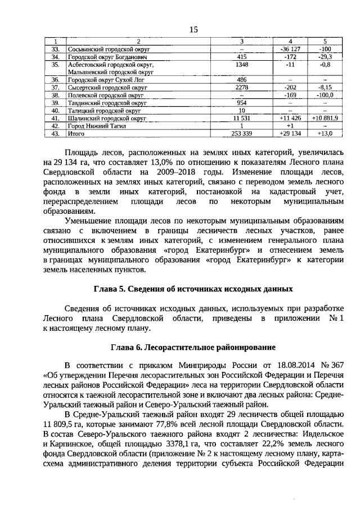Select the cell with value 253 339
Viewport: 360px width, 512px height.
[x=242, y=134]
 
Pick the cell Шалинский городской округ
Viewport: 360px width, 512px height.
[x=107, y=119]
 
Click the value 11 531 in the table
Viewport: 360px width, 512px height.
[x=242, y=119]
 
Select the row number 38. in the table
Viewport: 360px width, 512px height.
[x=55, y=96]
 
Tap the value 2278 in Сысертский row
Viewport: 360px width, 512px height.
[x=242, y=88]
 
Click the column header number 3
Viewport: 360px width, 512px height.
[x=242, y=42]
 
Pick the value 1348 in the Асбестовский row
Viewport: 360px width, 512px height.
[x=242, y=65]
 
